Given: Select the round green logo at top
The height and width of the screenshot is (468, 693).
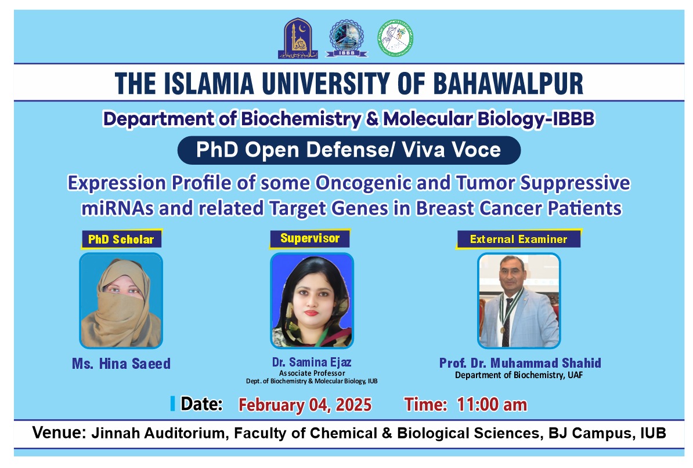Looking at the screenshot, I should coord(395,38).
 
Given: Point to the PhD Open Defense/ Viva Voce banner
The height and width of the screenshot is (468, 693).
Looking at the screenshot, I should coord(348,150).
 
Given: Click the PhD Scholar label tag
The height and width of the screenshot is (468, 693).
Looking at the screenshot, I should coord(121,239).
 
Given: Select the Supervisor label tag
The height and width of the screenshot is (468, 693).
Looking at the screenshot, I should coord(310,238).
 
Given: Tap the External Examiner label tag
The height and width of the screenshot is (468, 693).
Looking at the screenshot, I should coord(518,239).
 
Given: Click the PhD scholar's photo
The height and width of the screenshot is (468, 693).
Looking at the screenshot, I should coord(121,300).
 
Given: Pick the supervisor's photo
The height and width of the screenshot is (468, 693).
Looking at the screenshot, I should coord(312,300).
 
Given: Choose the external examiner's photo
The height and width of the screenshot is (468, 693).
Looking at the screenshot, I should coord(519,300).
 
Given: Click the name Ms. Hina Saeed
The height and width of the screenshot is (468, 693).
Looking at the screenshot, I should coord(121,364).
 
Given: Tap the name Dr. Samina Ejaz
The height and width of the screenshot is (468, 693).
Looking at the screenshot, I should coord(312,362).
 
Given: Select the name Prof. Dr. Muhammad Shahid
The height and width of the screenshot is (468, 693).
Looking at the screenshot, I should coord(520,363).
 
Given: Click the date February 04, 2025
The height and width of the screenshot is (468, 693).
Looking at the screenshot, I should coord(305,404).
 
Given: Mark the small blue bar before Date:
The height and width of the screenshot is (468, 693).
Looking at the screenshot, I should coord(172,404).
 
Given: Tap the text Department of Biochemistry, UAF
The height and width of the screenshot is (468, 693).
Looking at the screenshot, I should coord(519,375).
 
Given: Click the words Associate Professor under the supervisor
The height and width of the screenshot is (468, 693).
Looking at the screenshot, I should coord(312,373).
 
